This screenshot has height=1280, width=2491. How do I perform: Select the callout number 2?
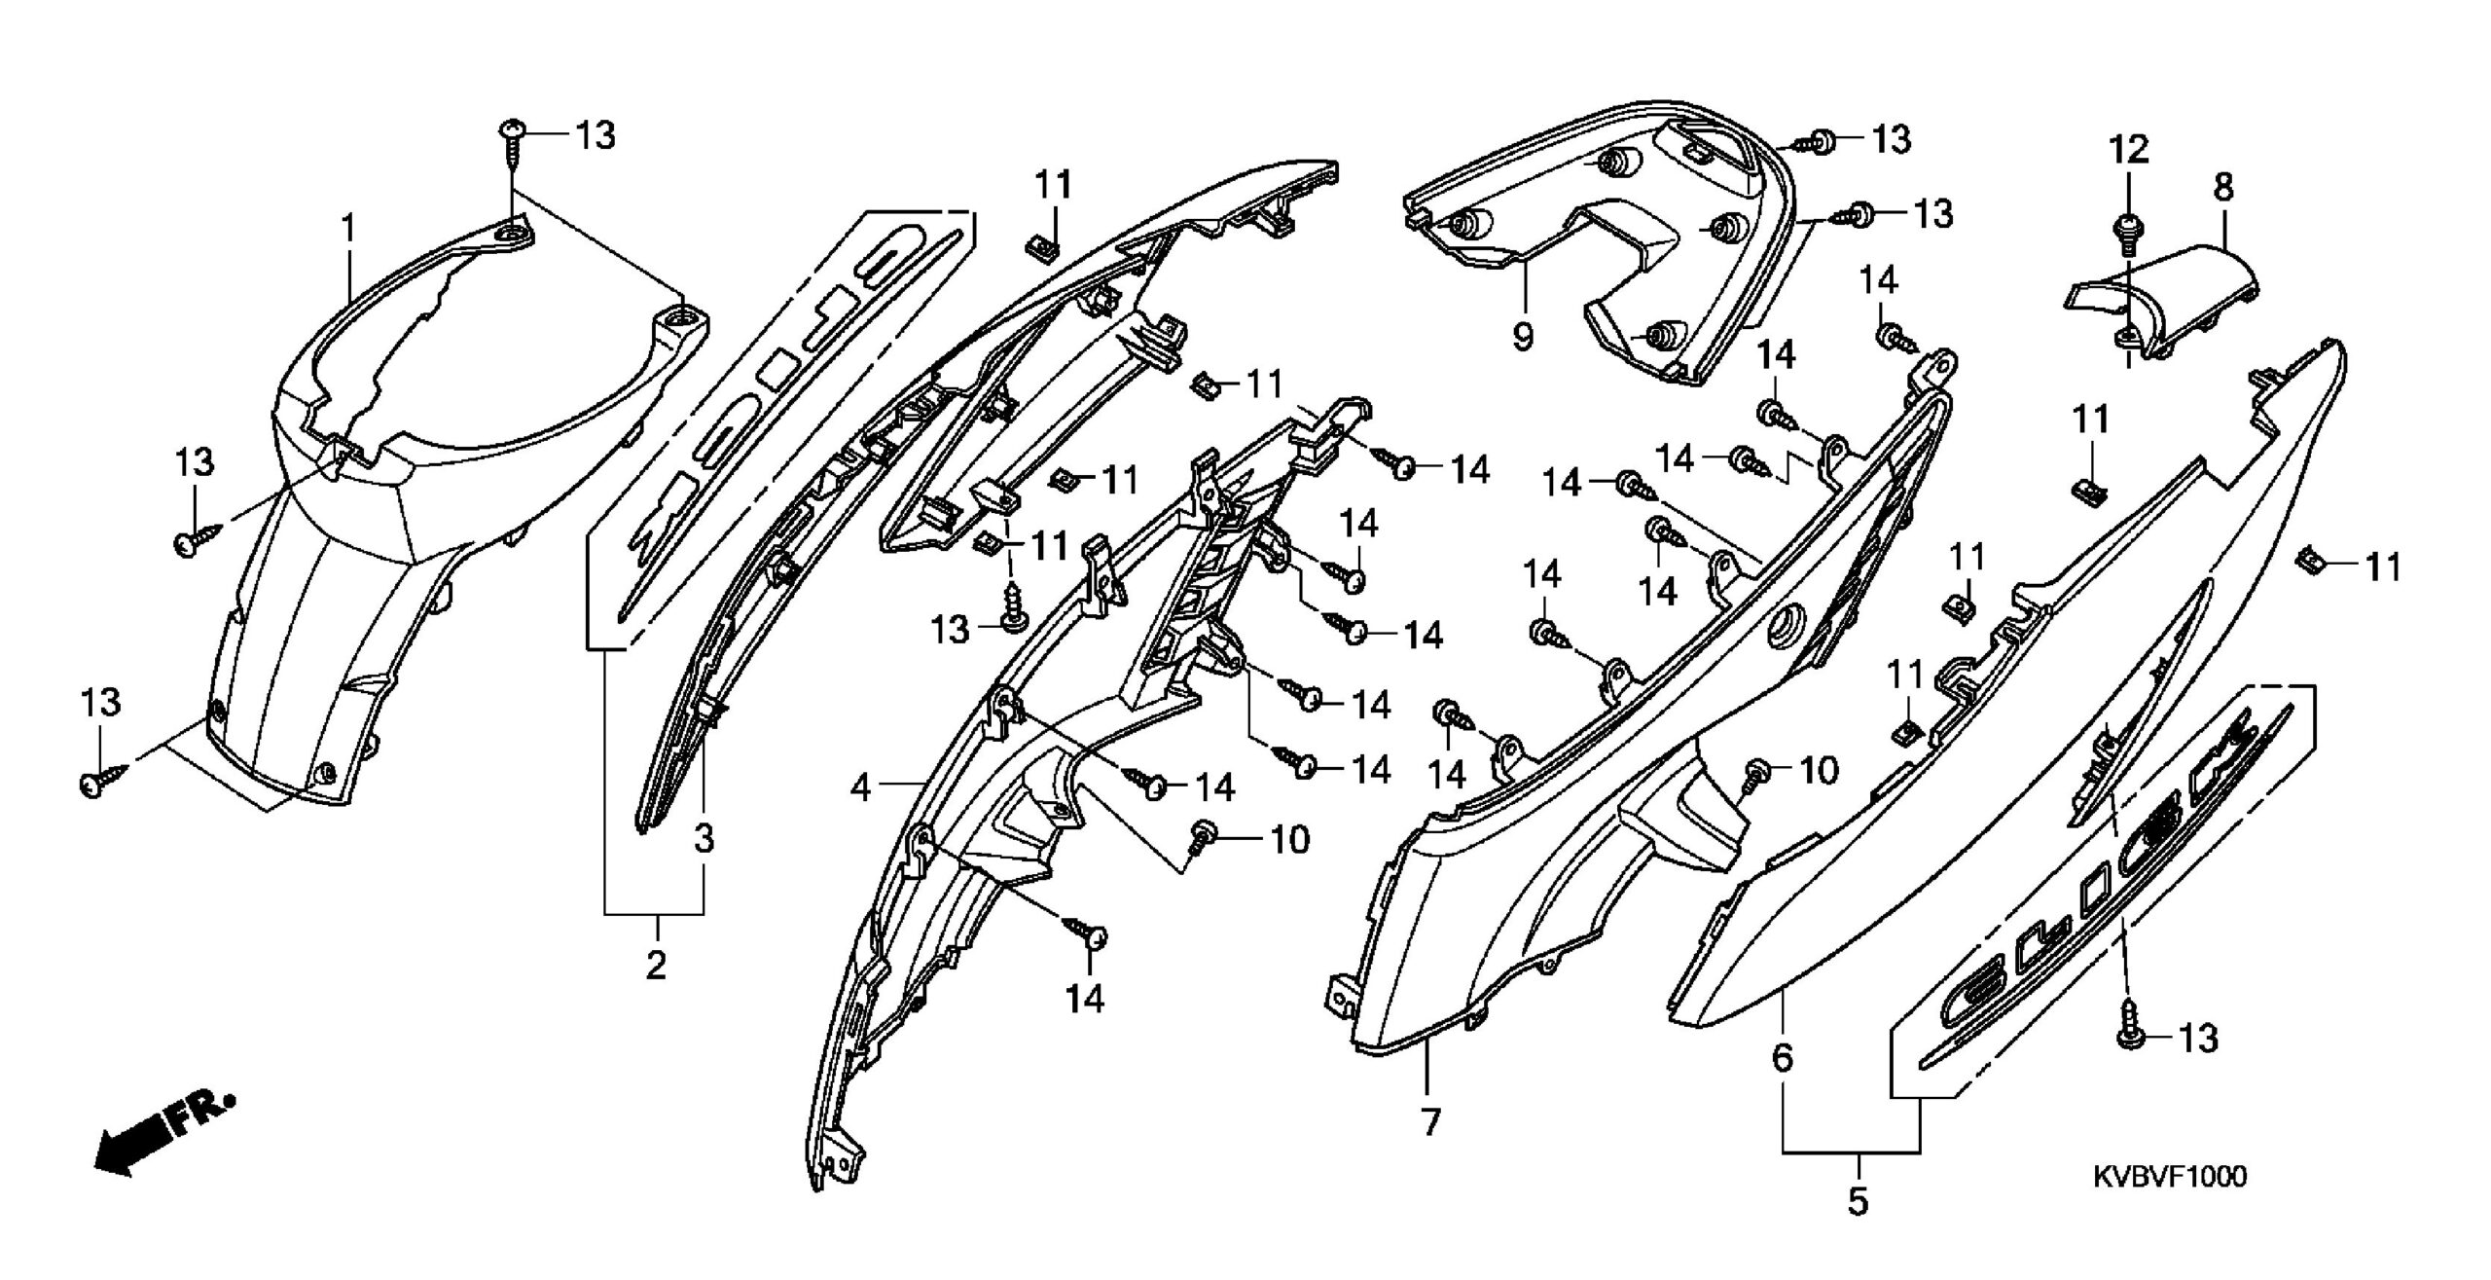pos(657,966)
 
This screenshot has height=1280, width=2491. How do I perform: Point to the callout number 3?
pos(704,838)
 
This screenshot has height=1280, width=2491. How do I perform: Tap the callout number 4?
pos(860,786)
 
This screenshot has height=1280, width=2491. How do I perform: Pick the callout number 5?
pos(1858,1201)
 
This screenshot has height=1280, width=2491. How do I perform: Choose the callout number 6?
pos(1782,1057)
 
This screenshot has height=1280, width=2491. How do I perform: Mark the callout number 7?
pos(1429,1123)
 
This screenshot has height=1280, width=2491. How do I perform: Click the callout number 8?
pos(2223,187)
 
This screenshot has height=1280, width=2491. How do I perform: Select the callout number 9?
pos(1523,336)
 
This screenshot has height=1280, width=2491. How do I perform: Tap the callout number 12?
pos(2128,150)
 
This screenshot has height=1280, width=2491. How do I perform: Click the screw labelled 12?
pos(2128,234)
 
